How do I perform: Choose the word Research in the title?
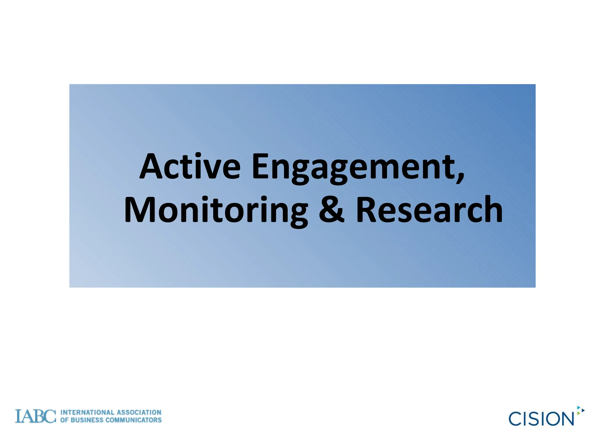[429, 210]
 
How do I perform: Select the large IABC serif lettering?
[35, 416]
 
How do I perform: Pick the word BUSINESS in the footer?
[87, 420]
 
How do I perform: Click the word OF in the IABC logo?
[64, 420]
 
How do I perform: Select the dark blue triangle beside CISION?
[583, 410]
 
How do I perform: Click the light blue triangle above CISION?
[578, 407]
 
